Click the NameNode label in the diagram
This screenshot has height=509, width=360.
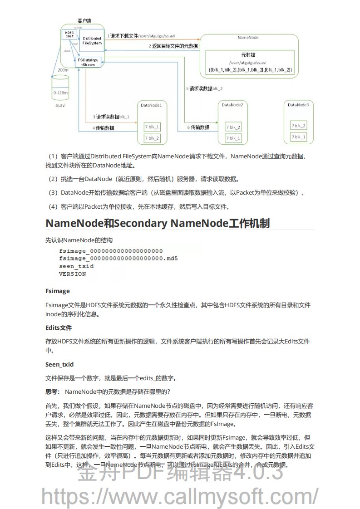pyautogui.click(x=248, y=38)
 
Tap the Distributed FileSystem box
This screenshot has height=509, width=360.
pyautogui.click(x=92, y=41)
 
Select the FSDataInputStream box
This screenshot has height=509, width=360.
pyautogui.click(x=87, y=62)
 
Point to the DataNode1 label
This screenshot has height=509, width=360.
pyautogui.click(x=151, y=105)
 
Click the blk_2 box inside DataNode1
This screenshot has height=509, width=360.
pyautogui.click(x=152, y=138)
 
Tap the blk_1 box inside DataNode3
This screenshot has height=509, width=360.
pyautogui.click(x=299, y=137)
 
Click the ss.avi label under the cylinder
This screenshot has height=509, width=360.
pyautogui.click(x=60, y=104)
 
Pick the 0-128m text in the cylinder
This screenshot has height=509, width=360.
pyautogui.click(x=60, y=92)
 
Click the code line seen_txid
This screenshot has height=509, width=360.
pyautogui.click(x=76, y=266)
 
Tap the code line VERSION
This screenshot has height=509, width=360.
pyautogui.click(x=72, y=274)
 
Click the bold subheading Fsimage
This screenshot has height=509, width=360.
pyautogui.click(x=57, y=291)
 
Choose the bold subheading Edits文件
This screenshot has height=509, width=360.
pyautogui.click(x=59, y=328)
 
